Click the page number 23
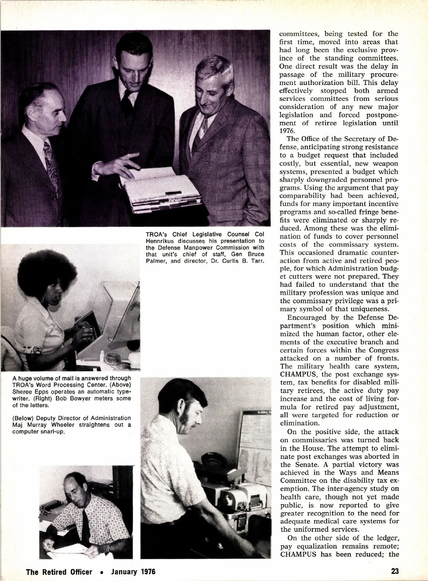(395, 571)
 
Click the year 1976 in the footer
(148, 571)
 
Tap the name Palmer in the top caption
(157, 261)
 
